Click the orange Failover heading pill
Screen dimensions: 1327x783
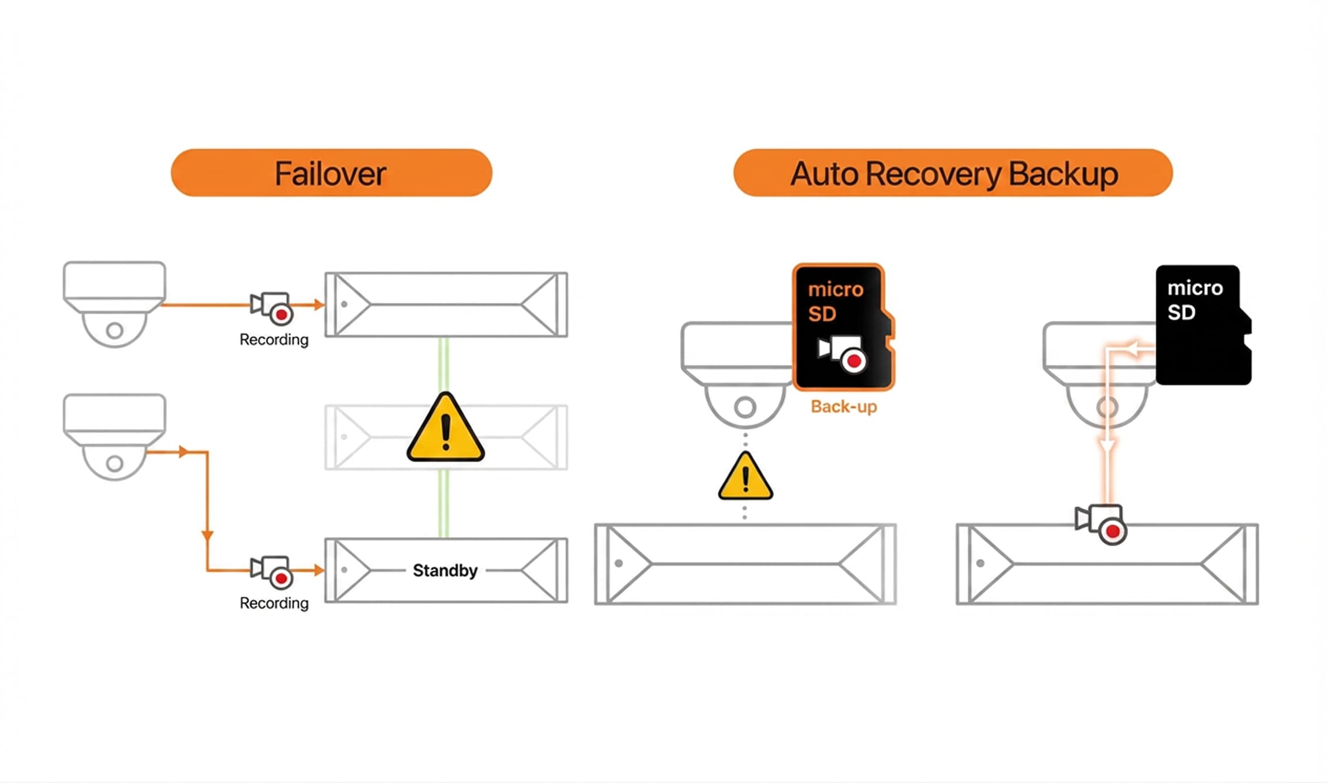pos(331,173)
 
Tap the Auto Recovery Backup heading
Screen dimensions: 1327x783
pos(953,173)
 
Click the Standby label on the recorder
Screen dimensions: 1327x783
pos(445,570)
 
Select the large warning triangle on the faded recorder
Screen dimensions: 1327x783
pos(445,427)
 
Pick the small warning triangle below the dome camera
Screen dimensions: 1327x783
pos(745,477)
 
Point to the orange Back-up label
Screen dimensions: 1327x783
pos(843,406)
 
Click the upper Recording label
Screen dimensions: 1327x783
pos(274,340)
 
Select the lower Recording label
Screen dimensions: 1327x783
pos(274,603)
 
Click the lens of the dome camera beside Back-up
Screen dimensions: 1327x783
pos(745,407)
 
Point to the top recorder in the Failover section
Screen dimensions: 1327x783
pos(446,304)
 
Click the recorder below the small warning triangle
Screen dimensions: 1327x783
pos(745,564)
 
